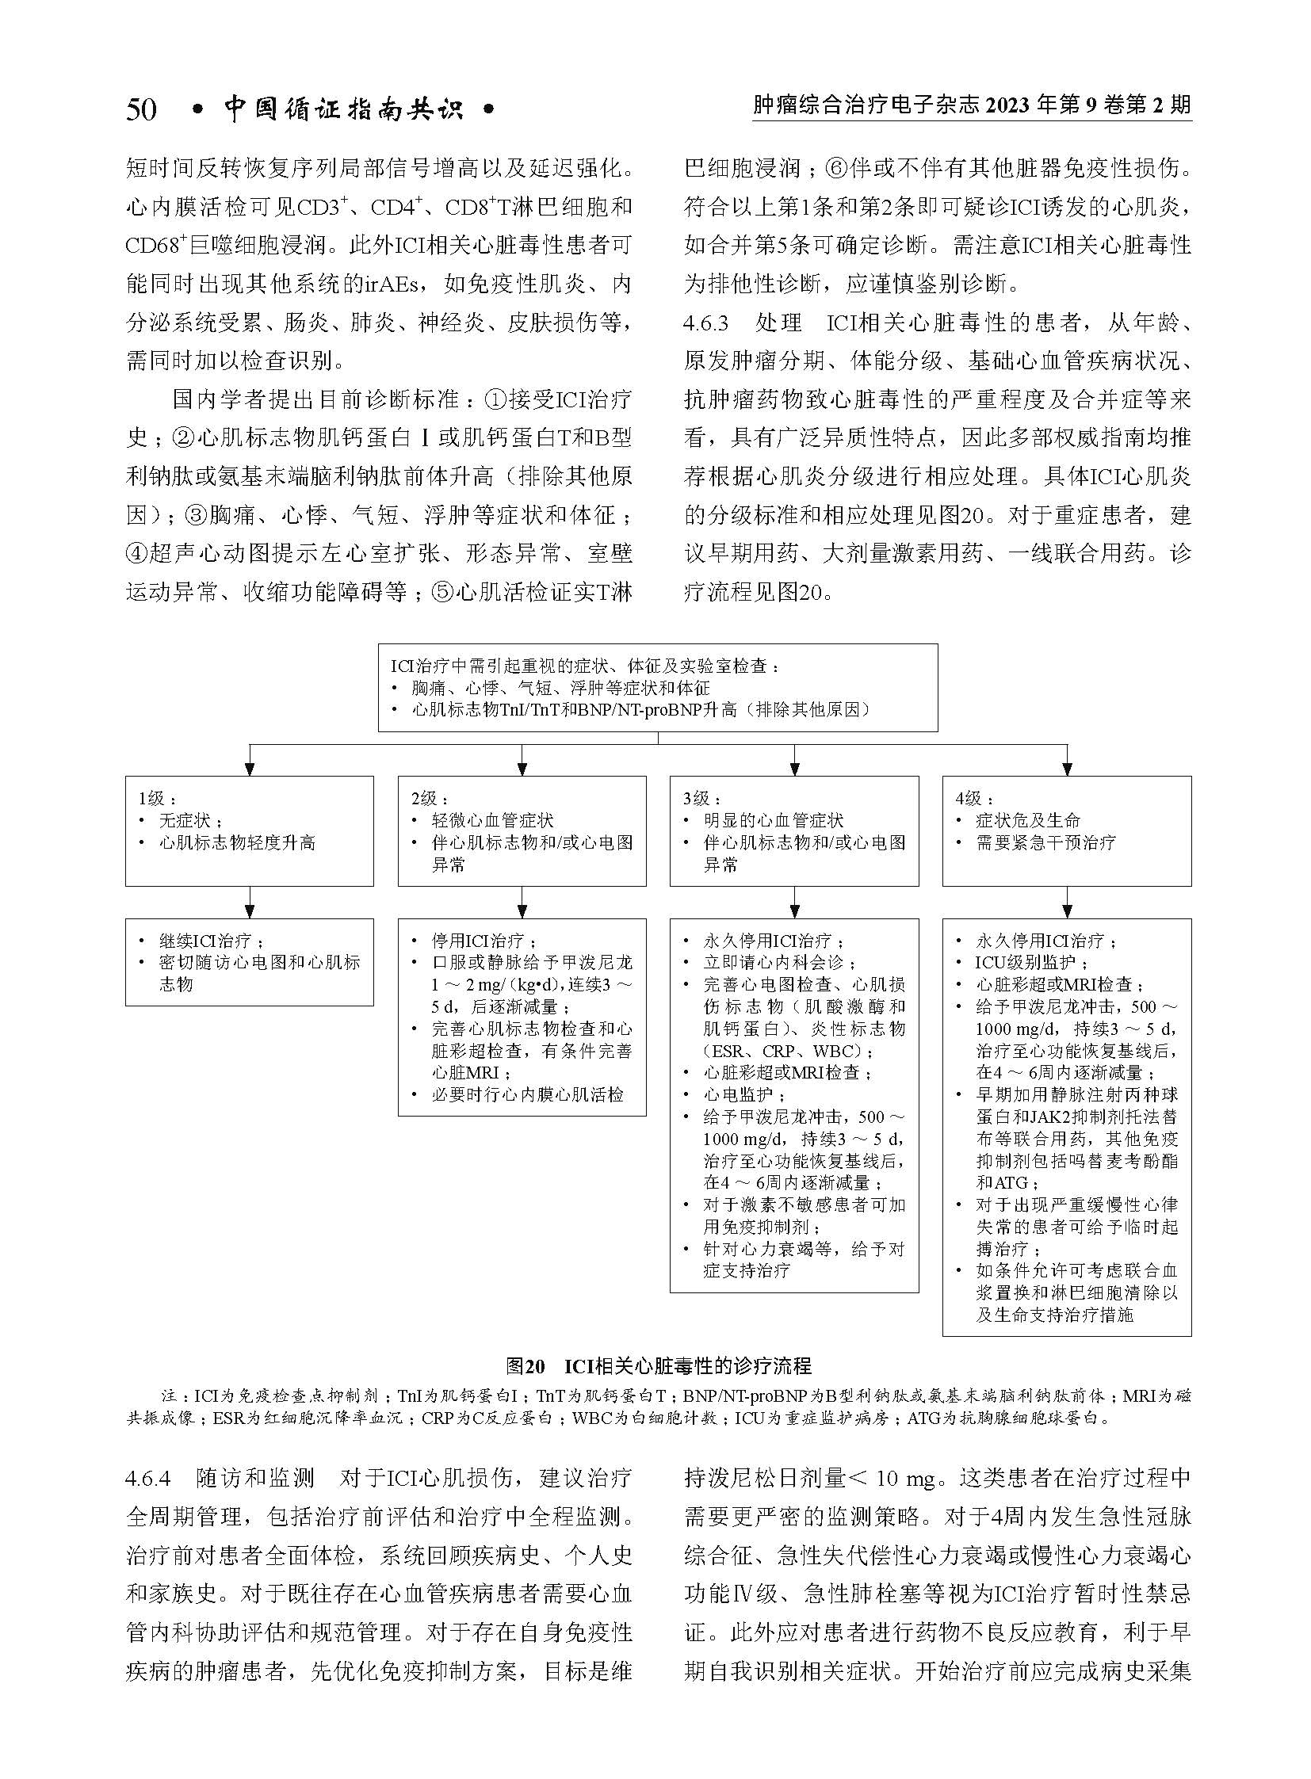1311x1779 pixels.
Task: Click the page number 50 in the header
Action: pyautogui.click(x=141, y=109)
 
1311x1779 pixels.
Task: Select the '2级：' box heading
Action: pyautogui.click(x=430, y=798)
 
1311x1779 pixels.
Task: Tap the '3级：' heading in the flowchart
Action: pyautogui.click(x=702, y=798)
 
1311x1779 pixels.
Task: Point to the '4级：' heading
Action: pyautogui.click(x=974, y=798)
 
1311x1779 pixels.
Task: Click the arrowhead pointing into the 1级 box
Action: pyautogui.click(x=249, y=767)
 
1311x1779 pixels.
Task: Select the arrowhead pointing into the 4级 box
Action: pyautogui.click(x=1067, y=767)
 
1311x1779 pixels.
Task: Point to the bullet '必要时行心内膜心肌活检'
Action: pyautogui.click(x=528, y=1095)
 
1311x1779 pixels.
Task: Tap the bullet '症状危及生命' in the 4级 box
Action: pyautogui.click(x=1028, y=820)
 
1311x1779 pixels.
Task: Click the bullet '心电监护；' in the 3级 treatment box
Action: pyautogui.click(x=736, y=1095)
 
